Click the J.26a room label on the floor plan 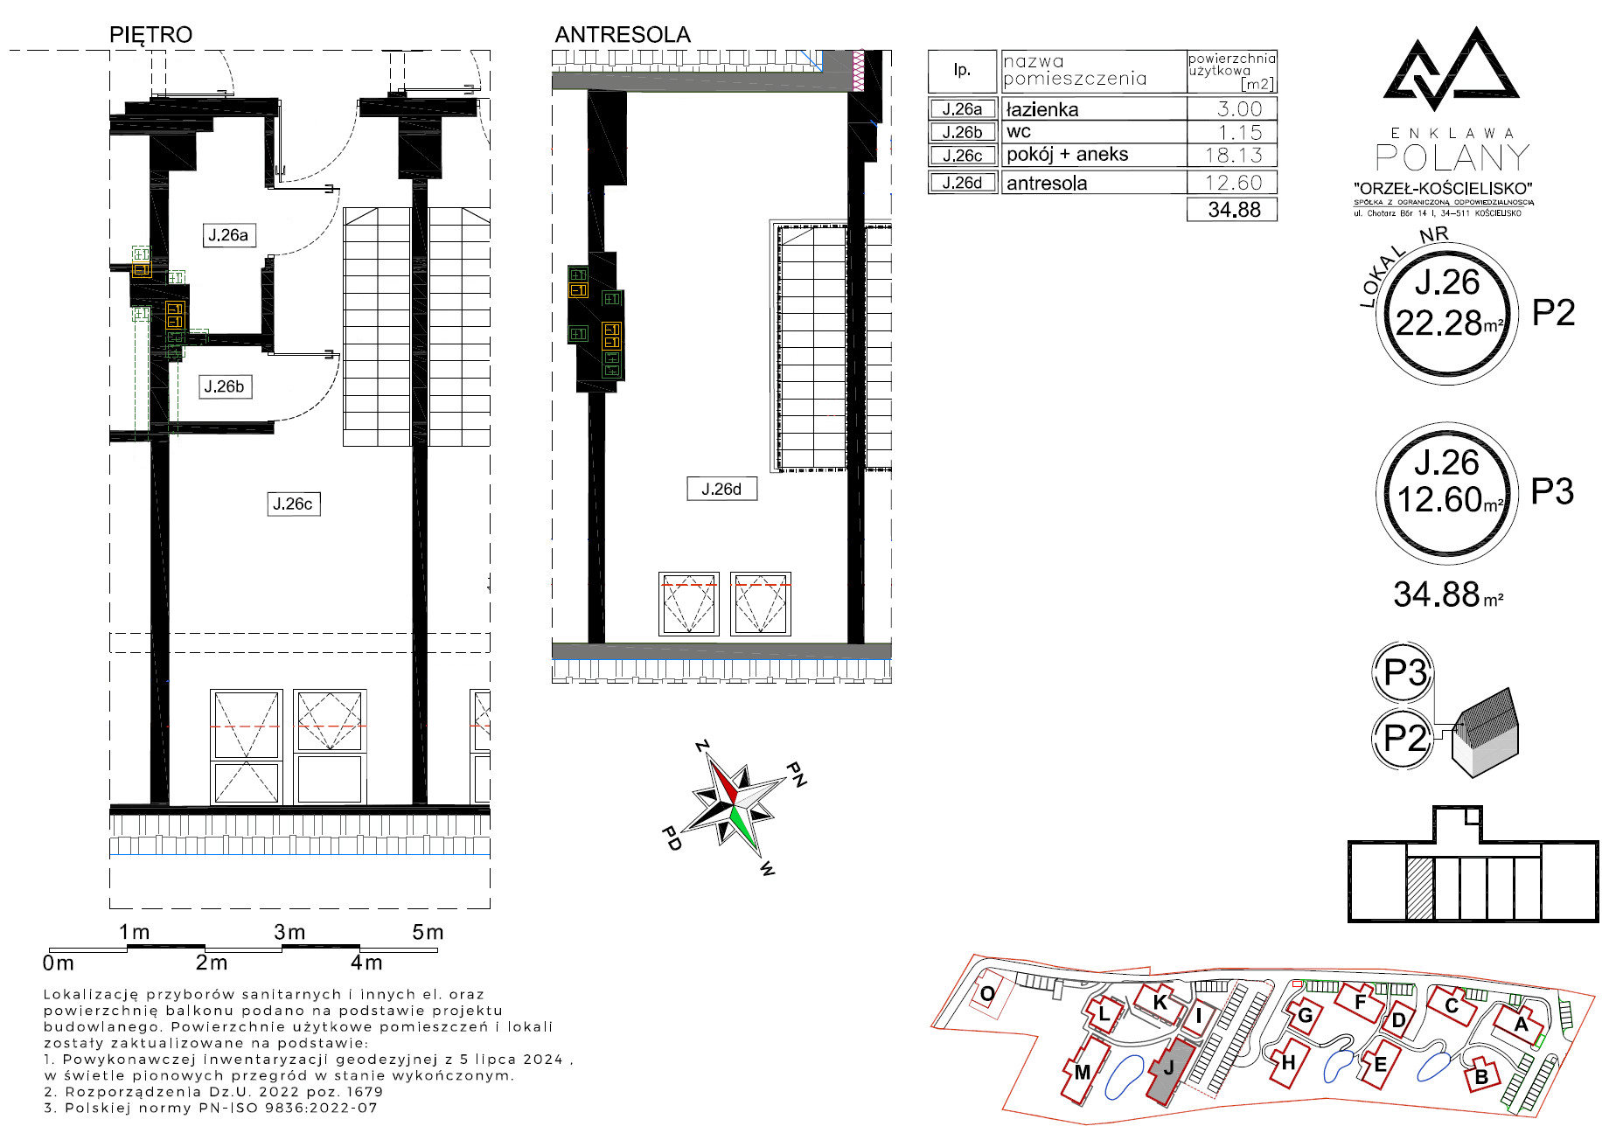pos(227,235)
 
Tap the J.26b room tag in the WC pos(225,386)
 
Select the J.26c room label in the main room pos(293,504)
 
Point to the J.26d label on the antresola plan pos(721,489)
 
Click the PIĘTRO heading pos(150,35)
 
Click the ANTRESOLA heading pos(623,35)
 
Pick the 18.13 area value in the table pos(1233,156)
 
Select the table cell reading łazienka pos(1042,109)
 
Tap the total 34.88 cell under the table pos(1232,210)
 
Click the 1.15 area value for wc pos(1240,133)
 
